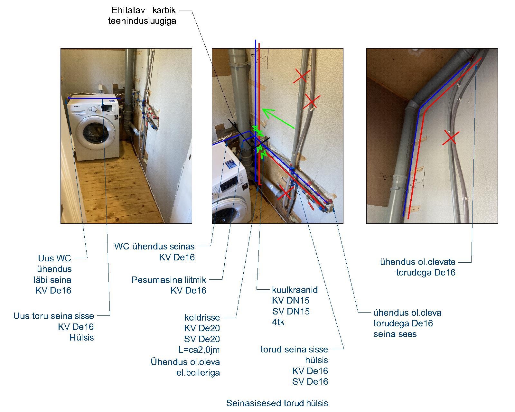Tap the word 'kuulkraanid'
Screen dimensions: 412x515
(295, 290)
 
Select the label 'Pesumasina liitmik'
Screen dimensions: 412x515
(169, 280)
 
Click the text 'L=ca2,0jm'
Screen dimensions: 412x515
(199, 350)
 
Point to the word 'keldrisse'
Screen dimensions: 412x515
(202, 317)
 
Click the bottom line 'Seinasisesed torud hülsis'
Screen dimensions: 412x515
(277, 403)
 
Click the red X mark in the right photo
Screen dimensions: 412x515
(451, 137)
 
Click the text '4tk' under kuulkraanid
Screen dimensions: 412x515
(278, 322)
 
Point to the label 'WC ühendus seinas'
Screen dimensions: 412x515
(154, 247)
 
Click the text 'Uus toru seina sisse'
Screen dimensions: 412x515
(53, 316)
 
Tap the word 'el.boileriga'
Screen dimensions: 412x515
(196, 373)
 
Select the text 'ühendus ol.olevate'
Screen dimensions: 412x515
(417, 262)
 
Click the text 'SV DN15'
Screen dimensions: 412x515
(291, 311)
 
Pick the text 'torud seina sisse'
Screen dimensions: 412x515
(294, 349)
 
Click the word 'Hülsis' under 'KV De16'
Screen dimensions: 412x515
(81, 337)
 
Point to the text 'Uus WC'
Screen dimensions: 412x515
(54, 258)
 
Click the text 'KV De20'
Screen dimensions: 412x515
(202, 328)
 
